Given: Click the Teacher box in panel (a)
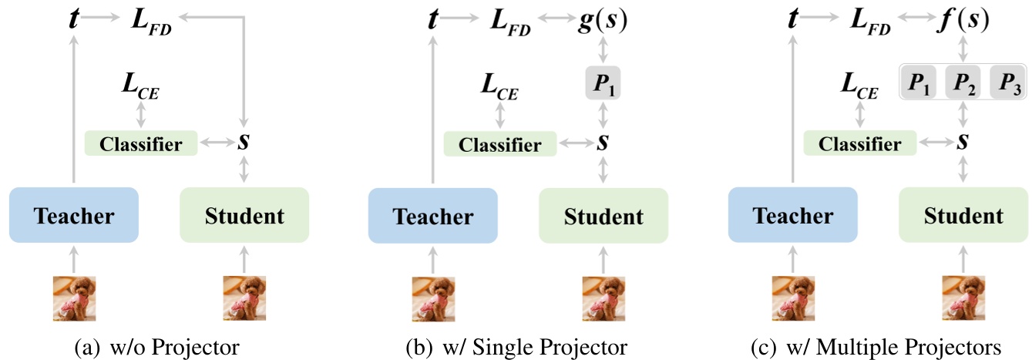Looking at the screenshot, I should click(73, 216).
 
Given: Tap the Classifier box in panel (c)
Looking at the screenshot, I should click(859, 143).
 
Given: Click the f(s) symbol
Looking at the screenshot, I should click(962, 21).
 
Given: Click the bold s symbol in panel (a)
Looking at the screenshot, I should click(244, 142).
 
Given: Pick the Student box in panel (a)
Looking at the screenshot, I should click(244, 216).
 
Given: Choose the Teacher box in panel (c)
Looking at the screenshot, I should click(793, 216).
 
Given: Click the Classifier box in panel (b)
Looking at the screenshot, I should click(499, 143).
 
